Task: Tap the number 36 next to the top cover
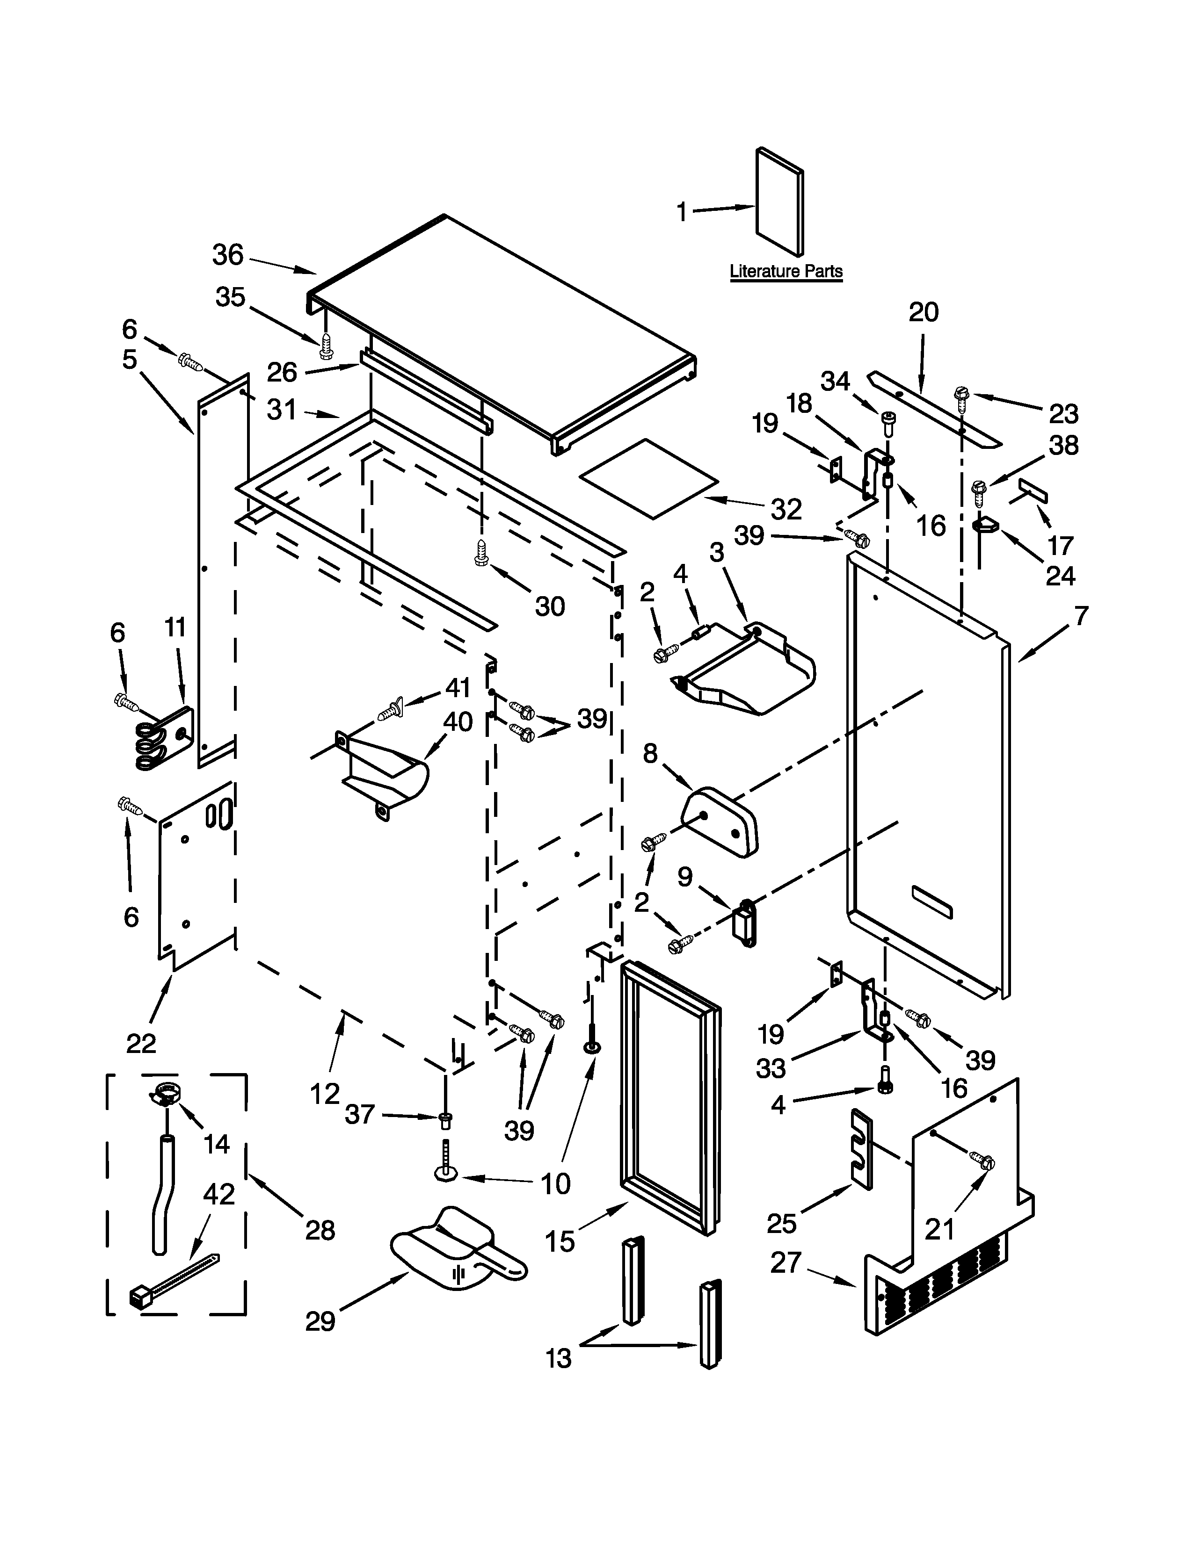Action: point(227,254)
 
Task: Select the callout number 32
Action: point(786,509)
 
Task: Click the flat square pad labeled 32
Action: point(649,479)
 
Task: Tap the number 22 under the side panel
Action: point(141,1043)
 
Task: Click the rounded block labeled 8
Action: point(721,822)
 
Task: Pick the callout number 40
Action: point(457,722)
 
